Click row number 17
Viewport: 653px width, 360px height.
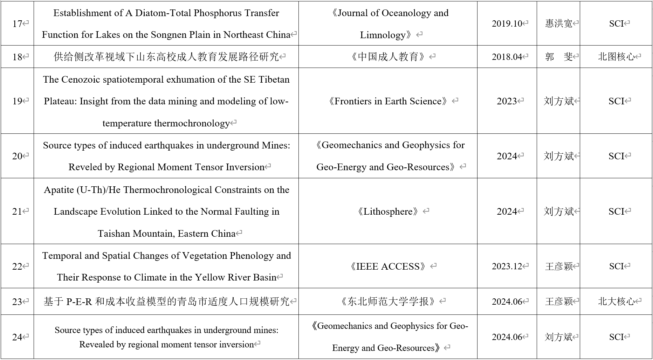click(17, 23)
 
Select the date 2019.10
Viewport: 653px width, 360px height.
click(507, 23)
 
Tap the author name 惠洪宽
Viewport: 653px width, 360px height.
click(558, 23)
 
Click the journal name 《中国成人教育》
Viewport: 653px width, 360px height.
click(388, 57)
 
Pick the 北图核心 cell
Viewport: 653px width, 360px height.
click(616, 57)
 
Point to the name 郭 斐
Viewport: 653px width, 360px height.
click(558, 57)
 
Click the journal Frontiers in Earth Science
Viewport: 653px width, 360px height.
click(388, 101)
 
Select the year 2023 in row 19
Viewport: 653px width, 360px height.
click(507, 101)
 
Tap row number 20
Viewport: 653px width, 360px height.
click(17, 156)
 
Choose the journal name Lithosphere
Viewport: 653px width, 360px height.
click(388, 212)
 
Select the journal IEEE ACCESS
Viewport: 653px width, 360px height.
click(388, 266)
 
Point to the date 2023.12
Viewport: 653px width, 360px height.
click(507, 266)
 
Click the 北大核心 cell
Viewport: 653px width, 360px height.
click(616, 302)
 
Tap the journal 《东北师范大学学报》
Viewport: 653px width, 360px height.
click(388, 302)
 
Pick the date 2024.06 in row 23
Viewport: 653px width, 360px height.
click(507, 302)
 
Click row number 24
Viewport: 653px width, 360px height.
click(17, 337)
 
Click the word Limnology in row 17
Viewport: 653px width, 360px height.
click(383, 35)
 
